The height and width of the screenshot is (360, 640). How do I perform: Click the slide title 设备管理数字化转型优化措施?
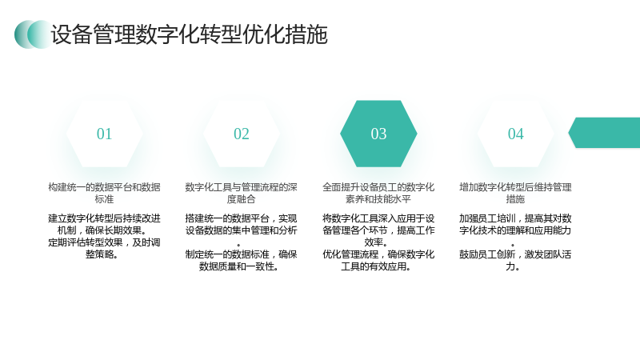tap(189, 34)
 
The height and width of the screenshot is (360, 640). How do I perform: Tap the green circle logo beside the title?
tap(33, 34)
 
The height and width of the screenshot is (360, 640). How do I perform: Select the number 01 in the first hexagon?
tap(104, 134)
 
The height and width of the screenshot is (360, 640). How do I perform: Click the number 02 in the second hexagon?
tap(242, 134)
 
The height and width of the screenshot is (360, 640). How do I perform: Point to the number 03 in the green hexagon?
tap(378, 134)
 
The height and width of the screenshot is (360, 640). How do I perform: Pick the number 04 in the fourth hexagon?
tap(515, 134)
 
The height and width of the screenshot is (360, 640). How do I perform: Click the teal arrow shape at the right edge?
tap(605, 133)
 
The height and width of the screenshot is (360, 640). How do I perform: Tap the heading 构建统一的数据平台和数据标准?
tap(104, 193)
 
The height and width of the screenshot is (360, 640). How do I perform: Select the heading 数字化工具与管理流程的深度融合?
tap(242, 193)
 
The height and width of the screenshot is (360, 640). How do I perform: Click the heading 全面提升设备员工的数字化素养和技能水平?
tap(378, 193)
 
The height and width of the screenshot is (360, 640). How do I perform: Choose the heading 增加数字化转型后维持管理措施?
tap(515, 193)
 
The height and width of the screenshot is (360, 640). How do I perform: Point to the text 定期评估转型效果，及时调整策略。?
tap(104, 248)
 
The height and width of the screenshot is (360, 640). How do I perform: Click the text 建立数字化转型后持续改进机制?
tap(104, 224)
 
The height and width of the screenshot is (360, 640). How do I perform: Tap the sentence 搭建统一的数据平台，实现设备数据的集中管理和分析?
tap(242, 224)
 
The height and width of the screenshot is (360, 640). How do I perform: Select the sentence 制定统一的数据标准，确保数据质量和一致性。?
tap(242, 261)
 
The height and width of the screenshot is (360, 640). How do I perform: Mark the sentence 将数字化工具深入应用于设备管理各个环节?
tap(378, 224)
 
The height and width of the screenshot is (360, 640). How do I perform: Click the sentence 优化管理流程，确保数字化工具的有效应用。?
tap(378, 261)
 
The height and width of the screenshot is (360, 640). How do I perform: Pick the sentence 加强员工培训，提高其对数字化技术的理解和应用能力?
tap(515, 224)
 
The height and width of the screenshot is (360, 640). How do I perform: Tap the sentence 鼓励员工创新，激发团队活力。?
tap(515, 261)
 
